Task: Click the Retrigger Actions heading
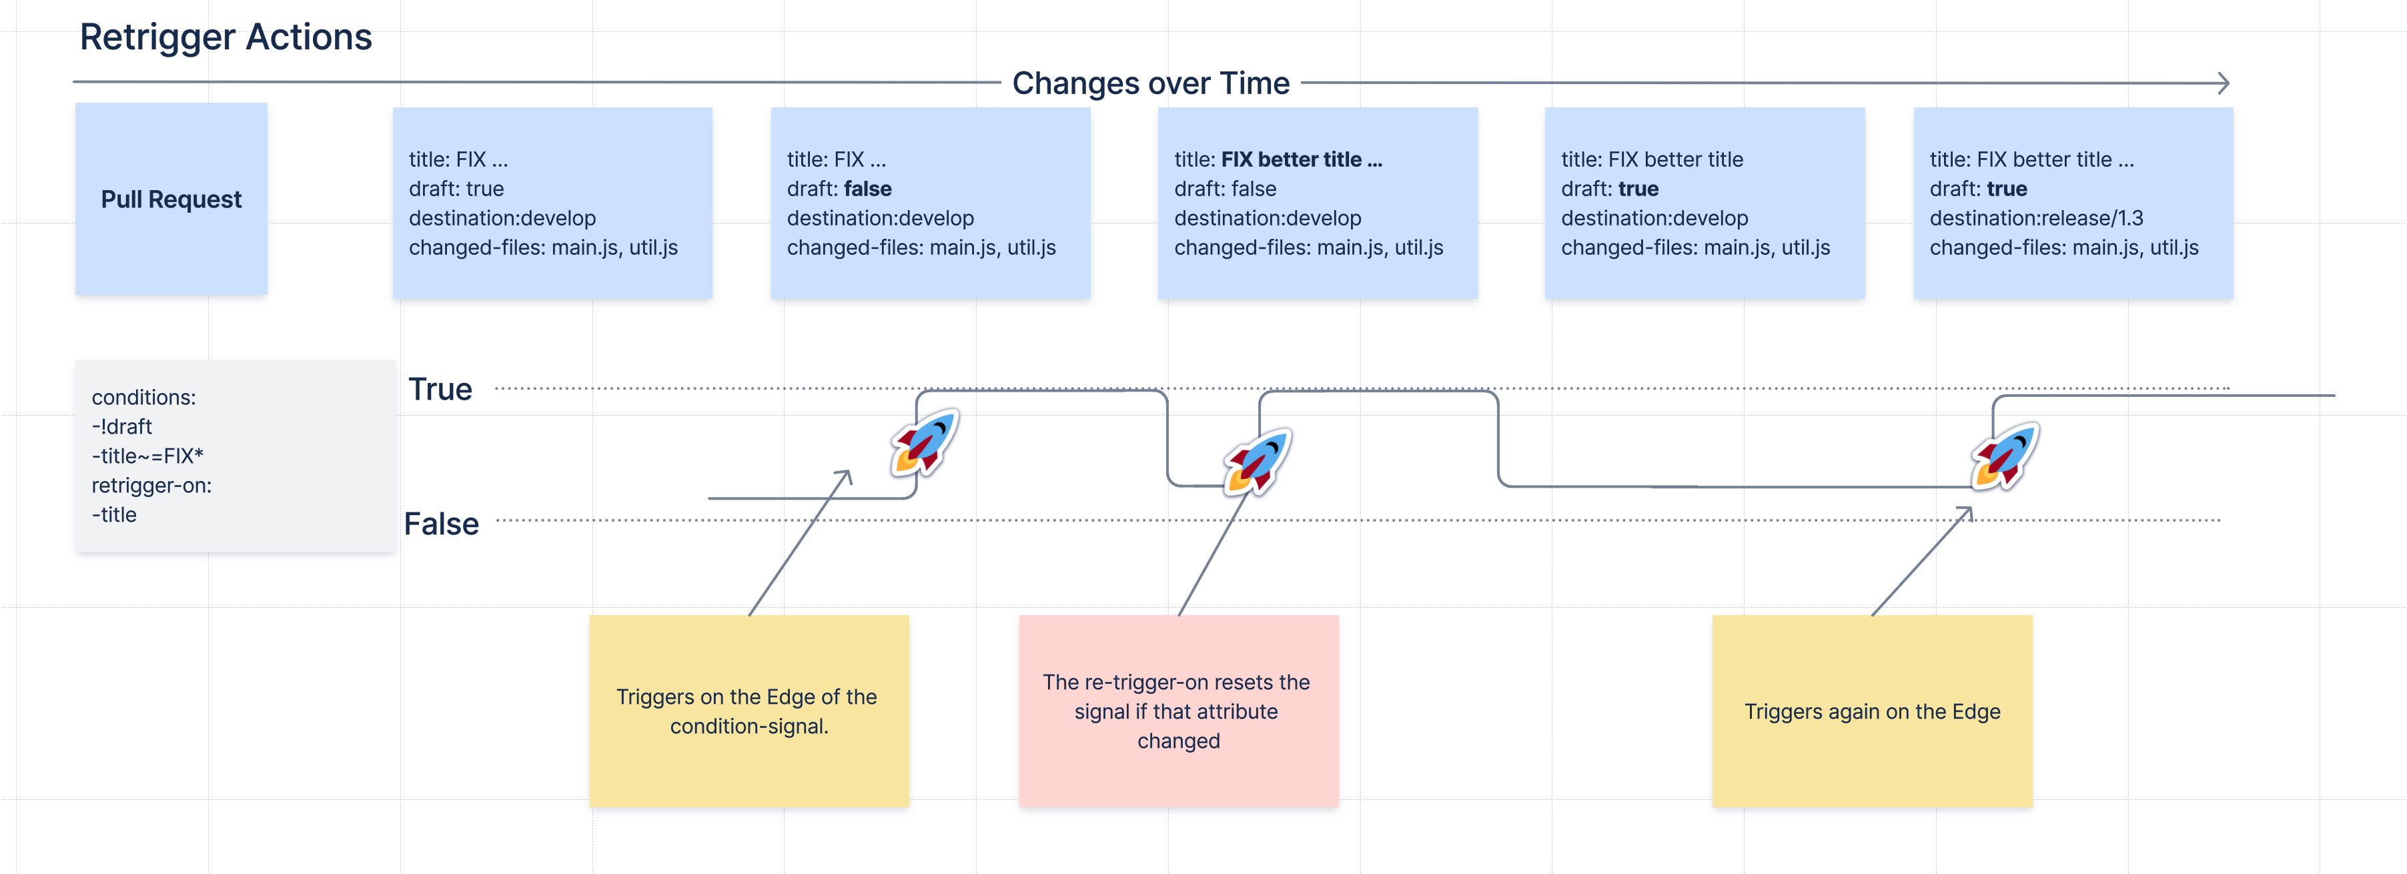225,37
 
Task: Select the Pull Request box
171,199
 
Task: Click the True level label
440,389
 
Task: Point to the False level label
441,524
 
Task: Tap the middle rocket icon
1258,462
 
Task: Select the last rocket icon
2005,455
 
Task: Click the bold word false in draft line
867,189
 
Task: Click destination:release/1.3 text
2036,217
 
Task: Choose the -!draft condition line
121,426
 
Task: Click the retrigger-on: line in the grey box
151,485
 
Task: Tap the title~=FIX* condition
147,456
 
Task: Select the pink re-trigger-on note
1178,711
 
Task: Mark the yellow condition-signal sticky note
749,711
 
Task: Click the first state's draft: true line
456,189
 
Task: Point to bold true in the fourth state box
1638,189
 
